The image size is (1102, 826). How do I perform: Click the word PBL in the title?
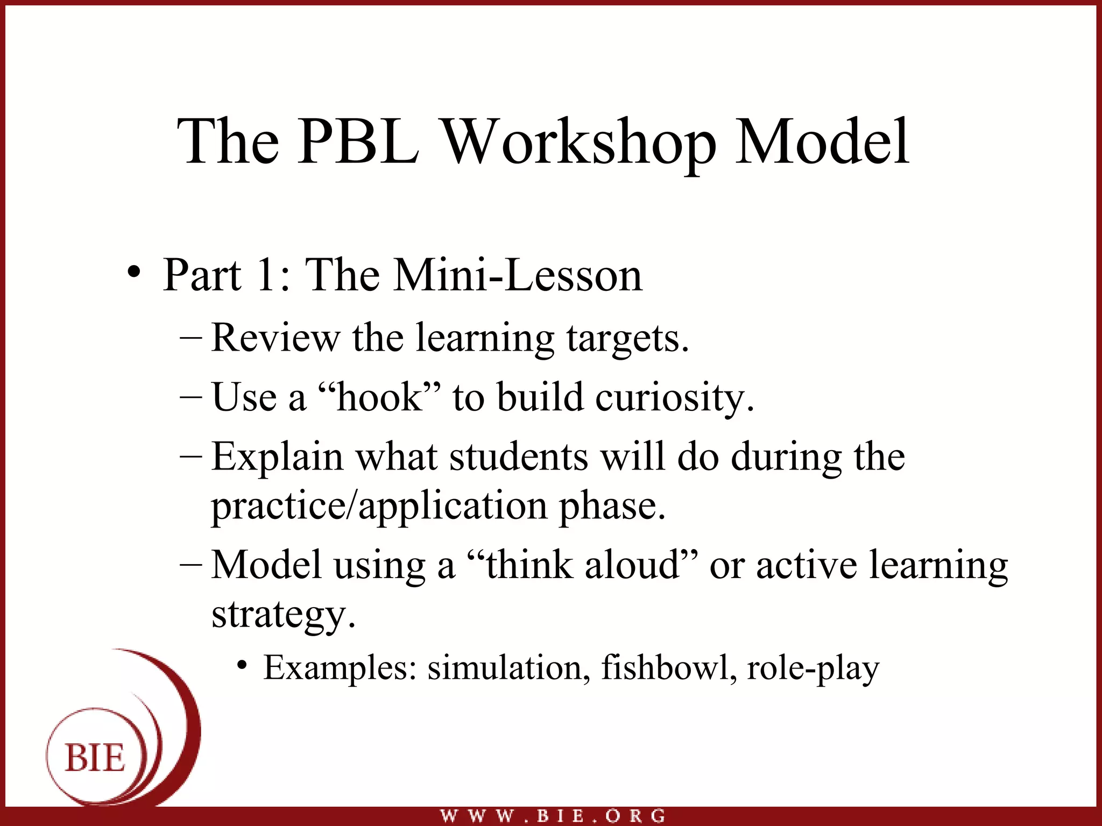point(358,142)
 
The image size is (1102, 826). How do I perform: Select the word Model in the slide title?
point(822,142)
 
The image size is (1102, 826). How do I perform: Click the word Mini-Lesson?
point(518,275)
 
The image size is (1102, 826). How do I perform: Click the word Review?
point(275,338)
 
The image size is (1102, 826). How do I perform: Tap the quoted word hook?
point(380,397)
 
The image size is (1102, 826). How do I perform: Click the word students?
point(518,457)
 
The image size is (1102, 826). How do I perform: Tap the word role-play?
point(813,669)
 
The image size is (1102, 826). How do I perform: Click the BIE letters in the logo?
point(95,758)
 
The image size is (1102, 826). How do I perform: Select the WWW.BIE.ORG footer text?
point(553,816)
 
